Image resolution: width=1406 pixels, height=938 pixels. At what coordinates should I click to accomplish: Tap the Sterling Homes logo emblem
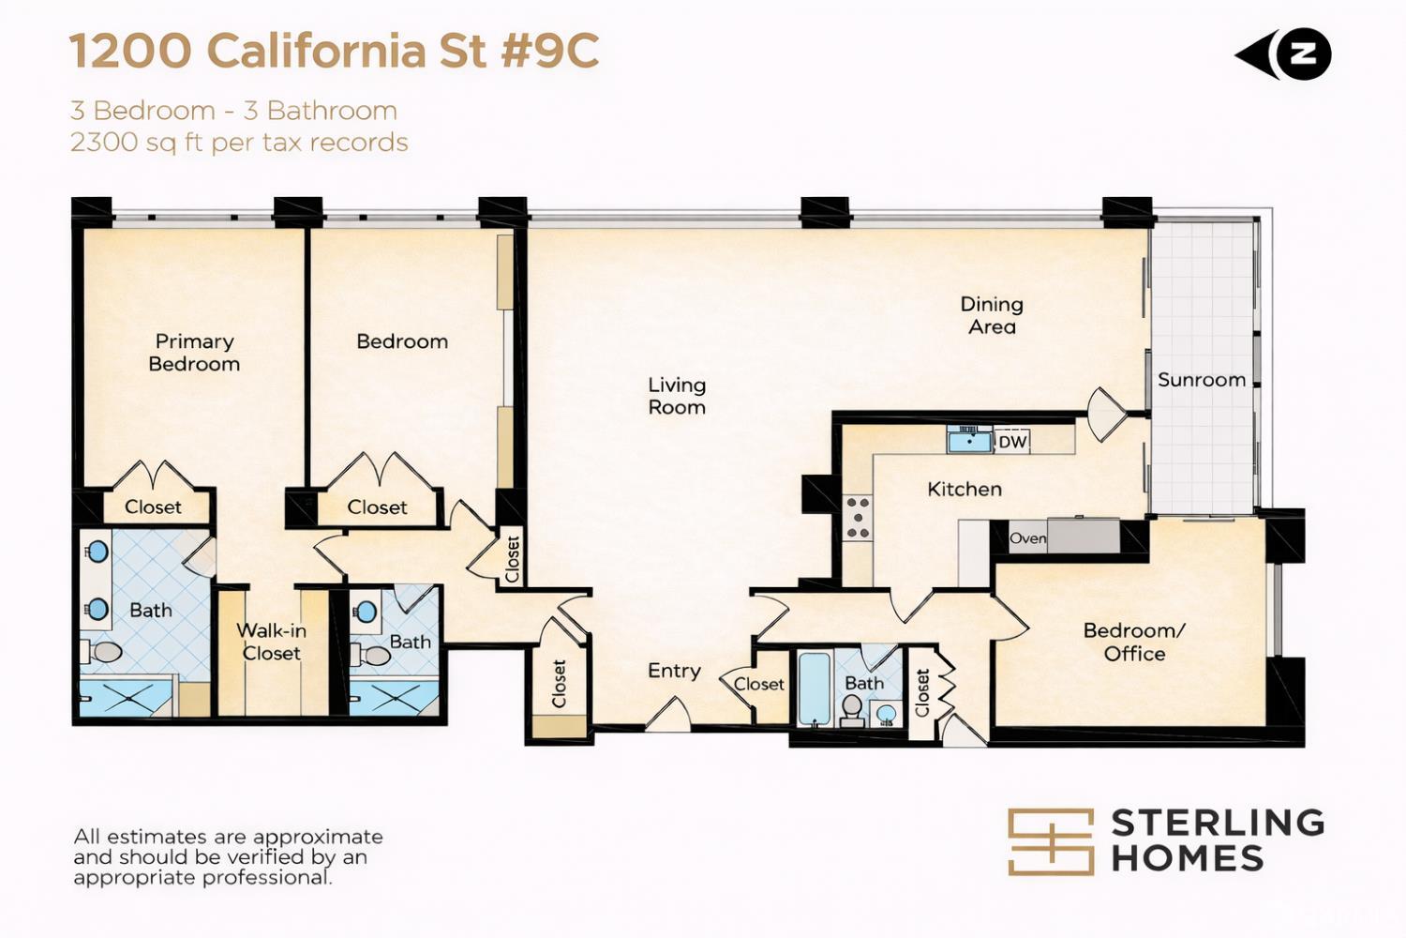coord(1051,842)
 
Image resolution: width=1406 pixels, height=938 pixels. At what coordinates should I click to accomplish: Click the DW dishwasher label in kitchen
coord(1011,443)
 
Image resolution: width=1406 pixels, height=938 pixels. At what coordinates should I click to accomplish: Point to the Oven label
coord(1027,538)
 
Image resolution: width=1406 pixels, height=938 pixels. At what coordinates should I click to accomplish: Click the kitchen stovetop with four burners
coord(858,518)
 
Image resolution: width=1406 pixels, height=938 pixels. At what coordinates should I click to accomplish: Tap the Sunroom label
coord(1202,380)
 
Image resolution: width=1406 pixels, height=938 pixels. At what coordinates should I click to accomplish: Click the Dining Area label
coord(992,315)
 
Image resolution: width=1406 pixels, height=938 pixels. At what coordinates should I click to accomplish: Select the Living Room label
coord(677,396)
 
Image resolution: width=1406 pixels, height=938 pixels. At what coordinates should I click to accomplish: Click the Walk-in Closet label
coord(271,642)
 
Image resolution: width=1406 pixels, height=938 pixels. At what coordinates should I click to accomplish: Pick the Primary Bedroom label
coord(195,353)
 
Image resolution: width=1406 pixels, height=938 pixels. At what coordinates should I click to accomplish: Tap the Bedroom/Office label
coord(1134,643)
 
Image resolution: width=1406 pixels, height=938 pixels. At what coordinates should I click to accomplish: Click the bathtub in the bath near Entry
coord(815,688)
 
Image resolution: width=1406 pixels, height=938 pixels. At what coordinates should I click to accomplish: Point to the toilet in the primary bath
coord(102,652)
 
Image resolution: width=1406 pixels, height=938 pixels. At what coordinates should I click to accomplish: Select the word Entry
coord(674,671)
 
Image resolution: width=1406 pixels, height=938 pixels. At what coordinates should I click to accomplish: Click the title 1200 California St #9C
coord(334,51)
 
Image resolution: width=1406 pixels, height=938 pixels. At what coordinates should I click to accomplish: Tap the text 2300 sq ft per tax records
coord(239,143)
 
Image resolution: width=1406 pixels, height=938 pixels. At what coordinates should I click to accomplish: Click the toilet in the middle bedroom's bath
coord(370,656)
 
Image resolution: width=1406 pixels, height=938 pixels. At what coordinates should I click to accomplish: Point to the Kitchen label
coord(965,489)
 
